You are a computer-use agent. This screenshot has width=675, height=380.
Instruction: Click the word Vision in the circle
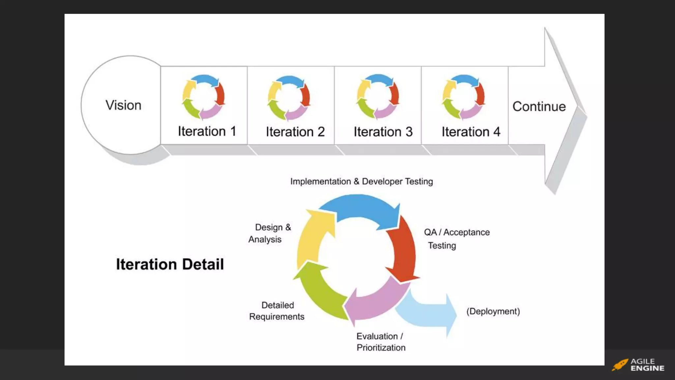pos(123,105)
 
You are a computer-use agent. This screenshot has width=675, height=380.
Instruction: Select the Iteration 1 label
pos(207,131)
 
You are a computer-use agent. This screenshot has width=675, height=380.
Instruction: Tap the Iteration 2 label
pos(295,132)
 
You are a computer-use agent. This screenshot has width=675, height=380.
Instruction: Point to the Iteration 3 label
pos(383,132)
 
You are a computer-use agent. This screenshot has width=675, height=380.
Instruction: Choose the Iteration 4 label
pos(471,132)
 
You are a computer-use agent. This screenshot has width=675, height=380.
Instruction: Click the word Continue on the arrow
pos(539,107)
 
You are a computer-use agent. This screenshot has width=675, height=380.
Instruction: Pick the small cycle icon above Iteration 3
pos(378,97)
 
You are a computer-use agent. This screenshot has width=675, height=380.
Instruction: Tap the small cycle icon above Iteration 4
pos(463,97)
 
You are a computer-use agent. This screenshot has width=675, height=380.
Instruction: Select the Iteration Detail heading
pos(170,264)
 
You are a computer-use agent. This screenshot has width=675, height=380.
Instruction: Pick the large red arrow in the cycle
pos(402,251)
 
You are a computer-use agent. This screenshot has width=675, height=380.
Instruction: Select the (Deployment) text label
pos(493,311)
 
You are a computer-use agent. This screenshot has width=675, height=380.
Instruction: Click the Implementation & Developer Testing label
pos(361,181)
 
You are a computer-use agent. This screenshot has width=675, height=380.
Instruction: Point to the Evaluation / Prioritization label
pos(381,342)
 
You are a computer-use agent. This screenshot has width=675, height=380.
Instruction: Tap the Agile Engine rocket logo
pos(620,365)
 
